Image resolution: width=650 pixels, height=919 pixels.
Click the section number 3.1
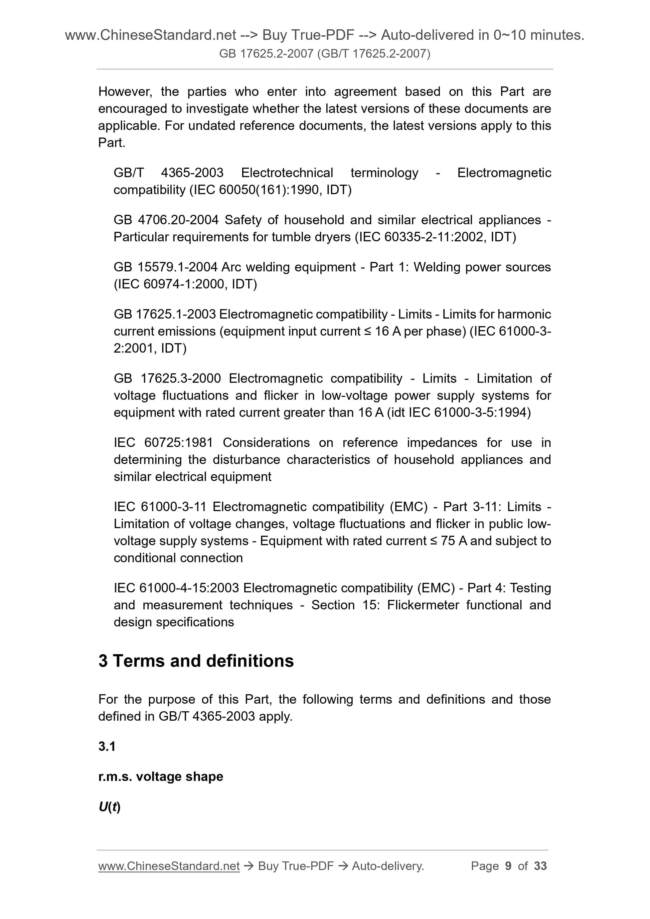click(107, 746)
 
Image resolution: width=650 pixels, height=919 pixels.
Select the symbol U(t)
click(109, 807)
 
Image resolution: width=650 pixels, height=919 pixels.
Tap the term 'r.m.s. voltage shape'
click(161, 776)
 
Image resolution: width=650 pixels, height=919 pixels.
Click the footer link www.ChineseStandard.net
click(169, 866)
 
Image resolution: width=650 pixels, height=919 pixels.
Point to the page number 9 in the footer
click(508, 866)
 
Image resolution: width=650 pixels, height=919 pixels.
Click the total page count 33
click(540, 866)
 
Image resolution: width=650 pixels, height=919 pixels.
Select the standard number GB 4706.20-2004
click(166, 220)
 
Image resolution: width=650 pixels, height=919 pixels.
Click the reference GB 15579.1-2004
click(166, 267)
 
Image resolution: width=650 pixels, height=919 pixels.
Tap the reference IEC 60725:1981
click(163, 443)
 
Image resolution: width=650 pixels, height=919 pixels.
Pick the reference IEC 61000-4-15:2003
click(176, 588)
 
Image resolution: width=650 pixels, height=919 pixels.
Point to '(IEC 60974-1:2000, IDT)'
click(185, 284)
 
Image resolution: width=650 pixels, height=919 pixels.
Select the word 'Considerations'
click(266, 443)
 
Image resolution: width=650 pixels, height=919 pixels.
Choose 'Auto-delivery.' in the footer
click(388, 866)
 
